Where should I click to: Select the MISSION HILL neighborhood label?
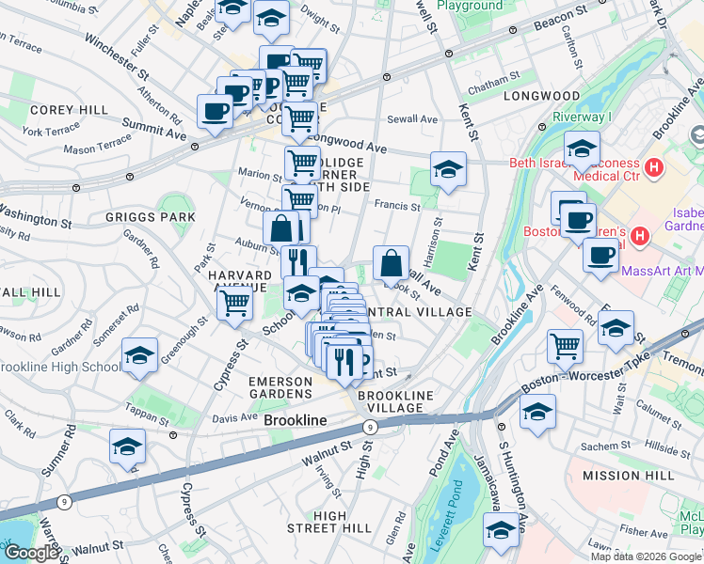tap(629, 476)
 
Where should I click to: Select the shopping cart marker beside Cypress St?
tap(234, 303)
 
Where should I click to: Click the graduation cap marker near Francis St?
tap(448, 169)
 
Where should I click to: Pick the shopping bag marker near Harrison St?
tap(391, 263)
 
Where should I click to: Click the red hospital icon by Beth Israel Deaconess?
tap(656, 168)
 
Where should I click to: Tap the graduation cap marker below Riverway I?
tap(583, 149)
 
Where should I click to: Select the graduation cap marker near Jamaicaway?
tap(502, 531)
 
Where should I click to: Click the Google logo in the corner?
tap(30, 553)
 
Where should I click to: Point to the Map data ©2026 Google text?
tap(646, 556)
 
